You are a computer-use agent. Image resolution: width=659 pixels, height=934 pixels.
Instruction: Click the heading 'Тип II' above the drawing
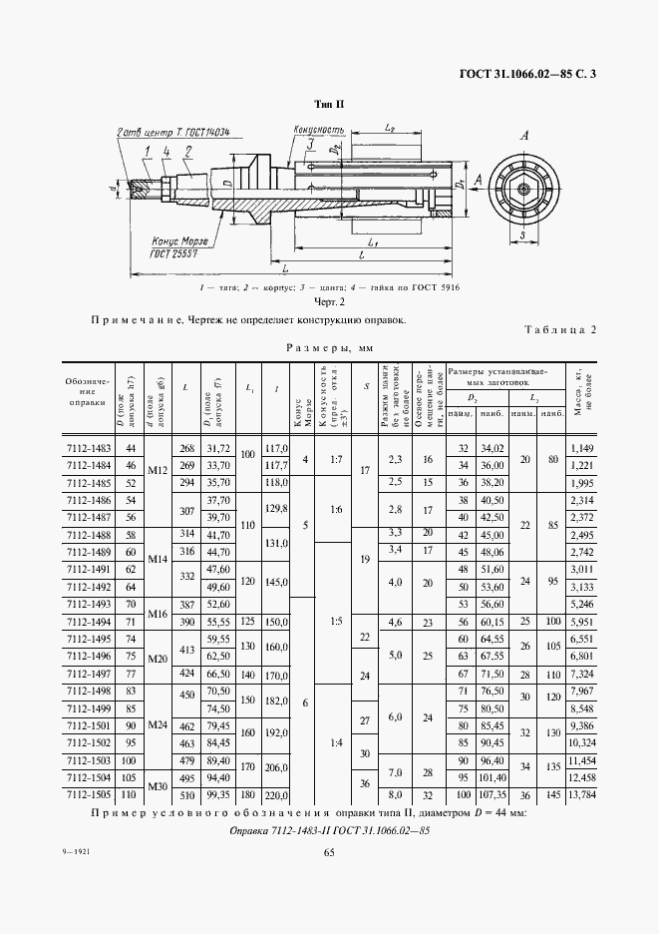pyautogui.click(x=329, y=104)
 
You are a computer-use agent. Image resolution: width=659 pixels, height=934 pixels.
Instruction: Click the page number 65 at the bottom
pyautogui.click(x=329, y=850)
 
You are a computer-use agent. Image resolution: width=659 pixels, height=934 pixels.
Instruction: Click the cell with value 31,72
pyautogui.click(x=217, y=450)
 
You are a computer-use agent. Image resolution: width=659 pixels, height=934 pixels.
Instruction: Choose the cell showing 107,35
pyautogui.click(x=491, y=797)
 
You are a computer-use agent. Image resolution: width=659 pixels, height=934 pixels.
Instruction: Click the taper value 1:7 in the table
pyautogui.click(x=336, y=458)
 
